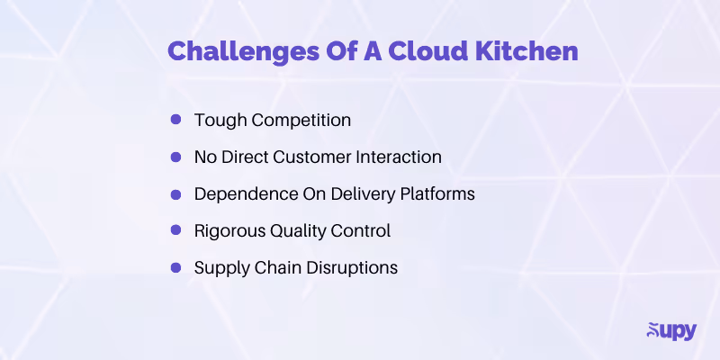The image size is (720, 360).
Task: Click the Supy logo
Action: (670, 330)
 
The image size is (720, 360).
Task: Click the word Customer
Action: (321, 157)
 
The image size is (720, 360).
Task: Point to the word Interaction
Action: (402, 157)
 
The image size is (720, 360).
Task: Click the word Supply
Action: (219, 267)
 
